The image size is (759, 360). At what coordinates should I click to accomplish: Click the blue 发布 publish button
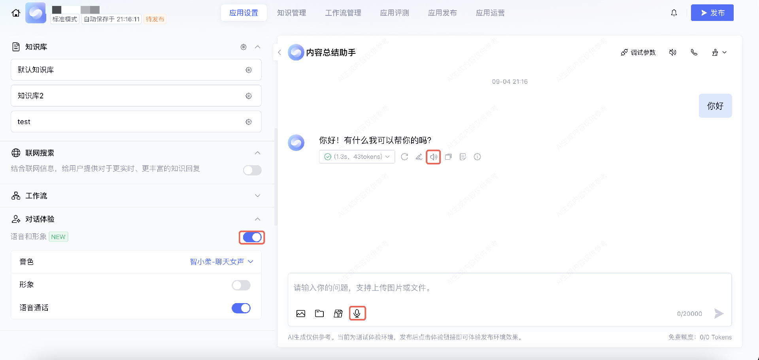pos(712,13)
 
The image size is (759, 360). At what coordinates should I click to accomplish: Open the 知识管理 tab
pos(291,13)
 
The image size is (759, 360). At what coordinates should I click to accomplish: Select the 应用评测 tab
pos(394,13)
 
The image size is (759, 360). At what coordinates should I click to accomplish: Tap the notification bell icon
pos(674,13)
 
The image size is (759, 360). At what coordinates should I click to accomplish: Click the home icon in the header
pos(16,13)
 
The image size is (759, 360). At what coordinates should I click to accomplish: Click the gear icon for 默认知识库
pos(249,70)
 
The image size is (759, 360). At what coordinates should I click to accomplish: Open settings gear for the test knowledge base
pos(249,122)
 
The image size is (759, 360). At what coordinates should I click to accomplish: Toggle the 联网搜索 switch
pos(252,170)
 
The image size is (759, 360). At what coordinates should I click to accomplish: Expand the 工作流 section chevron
pos(257,196)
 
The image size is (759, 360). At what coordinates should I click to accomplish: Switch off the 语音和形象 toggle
pos(252,237)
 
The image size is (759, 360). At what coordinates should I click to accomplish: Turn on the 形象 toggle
pos(241,285)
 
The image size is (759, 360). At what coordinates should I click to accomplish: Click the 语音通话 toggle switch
pos(241,308)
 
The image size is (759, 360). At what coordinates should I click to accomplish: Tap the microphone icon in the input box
pos(357,313)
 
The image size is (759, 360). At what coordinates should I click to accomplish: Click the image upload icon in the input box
pos(301,313)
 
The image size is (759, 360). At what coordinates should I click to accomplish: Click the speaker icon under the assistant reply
pos(433,157)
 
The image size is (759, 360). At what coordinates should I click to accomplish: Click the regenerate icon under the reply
pos(404,157)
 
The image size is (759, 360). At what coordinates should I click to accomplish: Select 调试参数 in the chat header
pos(638,52)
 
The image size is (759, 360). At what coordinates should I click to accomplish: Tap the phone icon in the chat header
pos(694,52)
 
